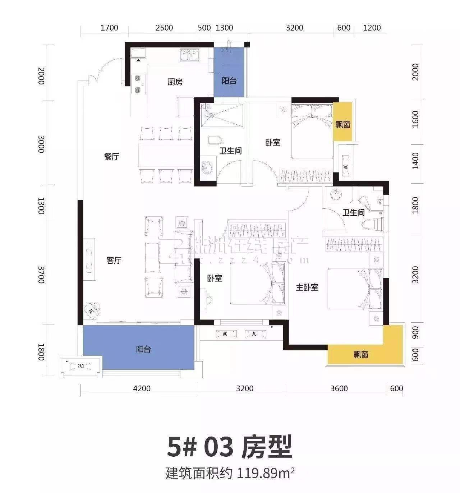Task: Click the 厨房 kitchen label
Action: click(175, 82)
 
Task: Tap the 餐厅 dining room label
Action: click(111, 157)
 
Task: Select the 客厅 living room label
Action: click(114, 260)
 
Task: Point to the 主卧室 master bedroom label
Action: click(307, 287)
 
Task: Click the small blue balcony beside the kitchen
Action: click(229, 72)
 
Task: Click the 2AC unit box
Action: click(80, 366)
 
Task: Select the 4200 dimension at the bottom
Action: click(142, 388)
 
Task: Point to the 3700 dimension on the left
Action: click(41, 275)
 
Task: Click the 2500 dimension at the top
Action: click(164, 28)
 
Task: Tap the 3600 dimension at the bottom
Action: click(339, 388)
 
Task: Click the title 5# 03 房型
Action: click(230, 447)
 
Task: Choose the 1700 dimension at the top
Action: click(109, 28)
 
